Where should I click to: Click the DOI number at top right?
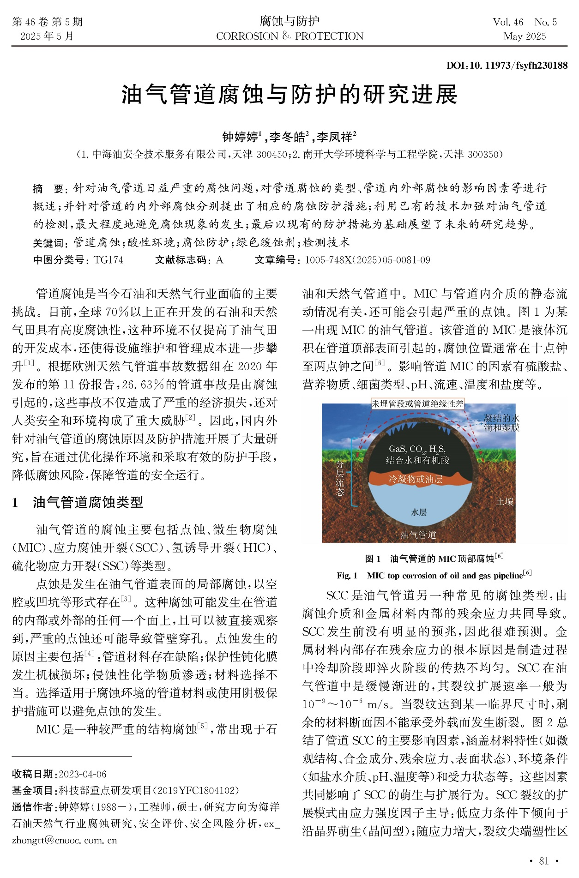(x=507, y=66)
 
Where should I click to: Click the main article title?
(x=289, y=95)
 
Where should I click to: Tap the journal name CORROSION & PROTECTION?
(x=289, y=36)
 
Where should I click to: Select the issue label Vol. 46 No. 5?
(x=525, y=22)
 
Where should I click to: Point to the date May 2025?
(x=525, y=36)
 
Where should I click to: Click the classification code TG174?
(x=109, y=260)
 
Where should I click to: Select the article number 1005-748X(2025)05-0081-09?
(x=368, y=260)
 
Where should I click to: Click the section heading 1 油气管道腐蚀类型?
(x=78, y=502)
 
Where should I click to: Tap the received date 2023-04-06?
(x=83, y=774)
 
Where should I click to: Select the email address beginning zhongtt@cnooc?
(x=65, y=840)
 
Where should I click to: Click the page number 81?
(x=544, y=861)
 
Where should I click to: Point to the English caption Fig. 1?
(x=434, y=576)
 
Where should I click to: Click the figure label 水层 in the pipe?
(x=419, y=512)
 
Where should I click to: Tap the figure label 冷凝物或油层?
(x=416, y=479)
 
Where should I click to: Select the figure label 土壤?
(x=505, y=502)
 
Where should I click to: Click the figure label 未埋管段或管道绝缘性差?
(x=417, y=404)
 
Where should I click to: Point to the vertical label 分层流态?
(x=340, y=478)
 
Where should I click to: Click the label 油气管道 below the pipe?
(x=418, y=535)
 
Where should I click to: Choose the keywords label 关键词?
(x=48, y=243)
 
